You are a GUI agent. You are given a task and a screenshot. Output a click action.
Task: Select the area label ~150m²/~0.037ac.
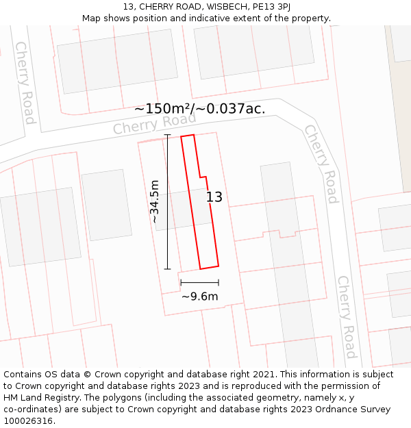[x=199, y=108]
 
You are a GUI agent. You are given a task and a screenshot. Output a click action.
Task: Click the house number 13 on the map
[x=214, y=197]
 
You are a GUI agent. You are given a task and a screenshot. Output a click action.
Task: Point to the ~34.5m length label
[x=155, y=201]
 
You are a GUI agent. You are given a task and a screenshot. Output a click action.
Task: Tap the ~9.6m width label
[x=199, y=297]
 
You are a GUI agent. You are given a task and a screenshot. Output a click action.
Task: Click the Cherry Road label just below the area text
[x=154, y=124]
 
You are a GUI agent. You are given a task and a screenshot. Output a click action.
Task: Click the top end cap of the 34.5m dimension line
[x=167, y=136]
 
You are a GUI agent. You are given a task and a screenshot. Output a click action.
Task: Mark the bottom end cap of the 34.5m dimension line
[x=167, y=269]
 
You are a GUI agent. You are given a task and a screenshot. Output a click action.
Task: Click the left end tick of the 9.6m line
[x=181, y=281]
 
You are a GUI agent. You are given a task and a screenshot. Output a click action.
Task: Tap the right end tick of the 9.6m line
[x=219, y=281]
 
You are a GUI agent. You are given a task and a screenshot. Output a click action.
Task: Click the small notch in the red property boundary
[x=203, y=177]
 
